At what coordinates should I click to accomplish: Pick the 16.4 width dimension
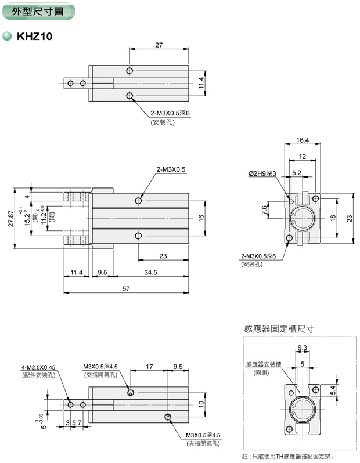[301, 140]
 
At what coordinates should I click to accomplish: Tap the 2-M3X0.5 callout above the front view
[170, 169]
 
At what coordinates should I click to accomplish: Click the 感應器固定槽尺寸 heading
[279, 328]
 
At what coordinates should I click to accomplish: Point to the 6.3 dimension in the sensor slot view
[302, 348]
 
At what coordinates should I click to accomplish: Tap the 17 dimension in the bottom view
[149, 367]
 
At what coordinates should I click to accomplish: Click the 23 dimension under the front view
[163, 255]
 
